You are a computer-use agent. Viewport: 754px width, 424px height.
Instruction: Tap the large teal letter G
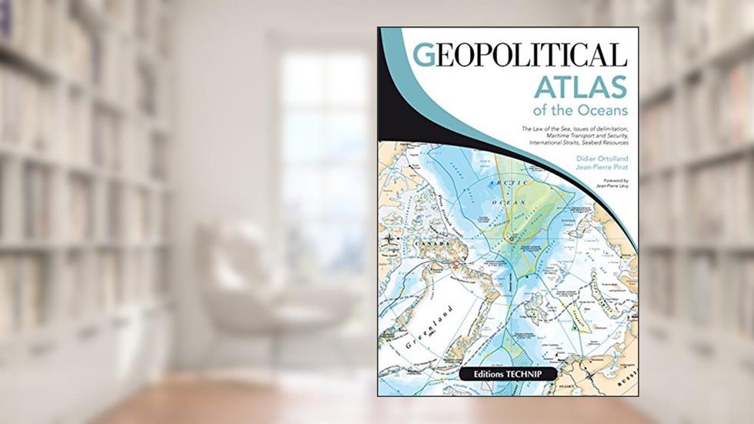(424, 55)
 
